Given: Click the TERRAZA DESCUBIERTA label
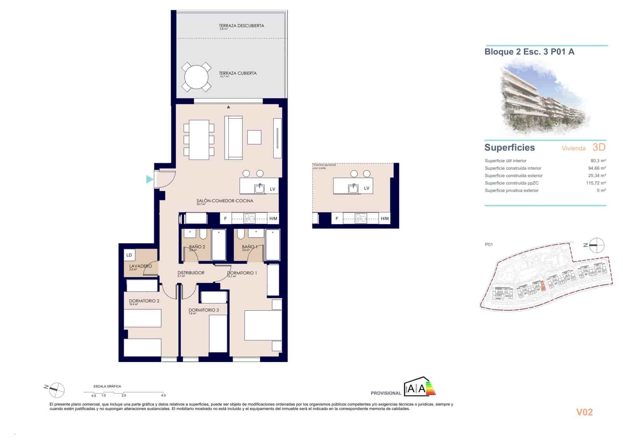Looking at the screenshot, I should click(x=241, y=26).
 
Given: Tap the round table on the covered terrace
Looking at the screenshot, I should click(x=196, y=77).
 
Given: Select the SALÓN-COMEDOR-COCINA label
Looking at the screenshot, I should click(x=225, y=201).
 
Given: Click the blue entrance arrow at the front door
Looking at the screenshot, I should click(x=150, y=179).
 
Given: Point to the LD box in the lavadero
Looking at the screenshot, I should click(x=129, y=255).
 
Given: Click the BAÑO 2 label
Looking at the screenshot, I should click(x=197, y=247).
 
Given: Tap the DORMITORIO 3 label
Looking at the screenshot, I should click(x=203, y=310).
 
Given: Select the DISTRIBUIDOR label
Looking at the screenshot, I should click(x=191, y=273).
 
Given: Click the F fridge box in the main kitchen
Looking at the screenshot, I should click(x=225, y=219).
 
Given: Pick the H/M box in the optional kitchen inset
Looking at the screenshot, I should click(x=385, y=219).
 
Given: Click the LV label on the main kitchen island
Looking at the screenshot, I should click(x=273, y=189).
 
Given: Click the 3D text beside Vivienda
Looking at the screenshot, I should click(x=599, y=147).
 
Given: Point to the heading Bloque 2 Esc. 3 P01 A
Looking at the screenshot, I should click(x=529, y=52).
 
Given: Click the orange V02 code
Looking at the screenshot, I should click(x=584, y=412).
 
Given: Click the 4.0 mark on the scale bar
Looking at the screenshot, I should click(x=163, y=395).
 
